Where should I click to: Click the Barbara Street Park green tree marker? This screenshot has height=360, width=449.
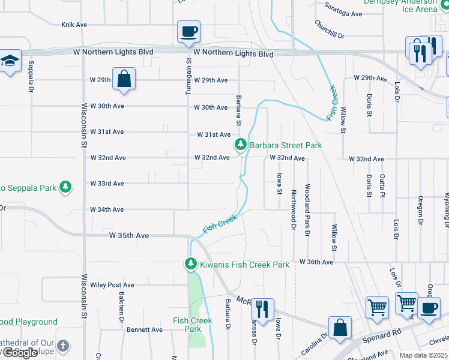click(x=241, y=145)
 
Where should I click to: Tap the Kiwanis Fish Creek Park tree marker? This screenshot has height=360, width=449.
click(x=190, y=264)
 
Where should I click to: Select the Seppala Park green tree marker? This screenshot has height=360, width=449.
click(x=65, y=188)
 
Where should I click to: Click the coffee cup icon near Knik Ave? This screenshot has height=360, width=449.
click(x=188, y=32)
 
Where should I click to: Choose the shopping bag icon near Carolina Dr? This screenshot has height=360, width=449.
click(x=340, y=328)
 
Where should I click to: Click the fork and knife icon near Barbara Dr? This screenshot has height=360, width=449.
click(x=262, y=309)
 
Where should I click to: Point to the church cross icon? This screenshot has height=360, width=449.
click(x=64, y=346)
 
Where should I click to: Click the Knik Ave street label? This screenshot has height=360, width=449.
click(x=74, y=25)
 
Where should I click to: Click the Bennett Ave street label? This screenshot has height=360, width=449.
click(x=145, y=329)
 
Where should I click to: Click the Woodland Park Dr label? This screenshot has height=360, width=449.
click(x=307, y=207)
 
